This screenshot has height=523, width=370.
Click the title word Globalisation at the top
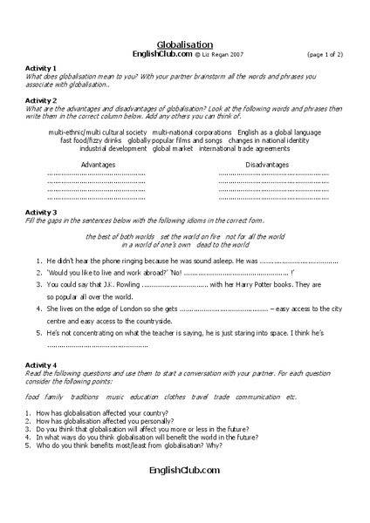[x=184, y=44]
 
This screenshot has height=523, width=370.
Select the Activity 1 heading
[x=40, y=68]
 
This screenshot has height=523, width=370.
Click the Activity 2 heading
[x=40, y=100]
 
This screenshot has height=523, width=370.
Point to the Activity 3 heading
[x=40, y=213]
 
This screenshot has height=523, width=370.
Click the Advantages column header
[x=98, y=164]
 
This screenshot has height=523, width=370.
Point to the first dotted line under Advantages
[x=96, y=174]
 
